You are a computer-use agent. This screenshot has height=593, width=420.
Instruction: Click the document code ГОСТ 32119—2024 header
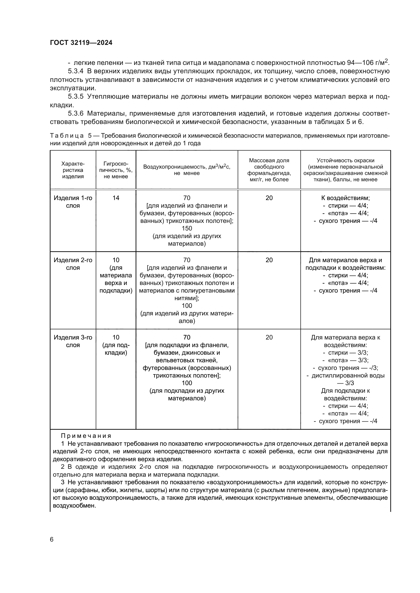[x=81, y=43]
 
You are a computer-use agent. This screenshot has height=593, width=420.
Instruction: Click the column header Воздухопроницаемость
[x=187, y=167]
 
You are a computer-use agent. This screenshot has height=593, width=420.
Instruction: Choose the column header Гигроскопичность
[x=116, y=170]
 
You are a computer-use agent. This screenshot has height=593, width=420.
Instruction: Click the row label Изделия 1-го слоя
[x=73, y=202]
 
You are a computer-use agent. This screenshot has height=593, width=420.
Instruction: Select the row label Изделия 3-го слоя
[x=73, y=341]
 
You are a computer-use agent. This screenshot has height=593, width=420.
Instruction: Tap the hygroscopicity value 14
[x=116, y=198]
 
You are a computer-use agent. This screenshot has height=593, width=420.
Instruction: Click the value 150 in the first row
[x=187, y=229]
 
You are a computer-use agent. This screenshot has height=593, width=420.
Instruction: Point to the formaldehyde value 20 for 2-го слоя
[x=269, y=260]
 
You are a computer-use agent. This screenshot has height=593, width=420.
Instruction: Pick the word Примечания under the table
[x=86, y=436]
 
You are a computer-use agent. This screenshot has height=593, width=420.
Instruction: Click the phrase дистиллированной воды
[x=348, y=375]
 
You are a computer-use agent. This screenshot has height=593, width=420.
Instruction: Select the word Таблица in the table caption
[x=67, y=136]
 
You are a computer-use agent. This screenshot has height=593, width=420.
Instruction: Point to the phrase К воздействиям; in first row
[x=346, y=198]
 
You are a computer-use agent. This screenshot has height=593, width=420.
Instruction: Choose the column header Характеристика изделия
[x=73, y=170]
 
